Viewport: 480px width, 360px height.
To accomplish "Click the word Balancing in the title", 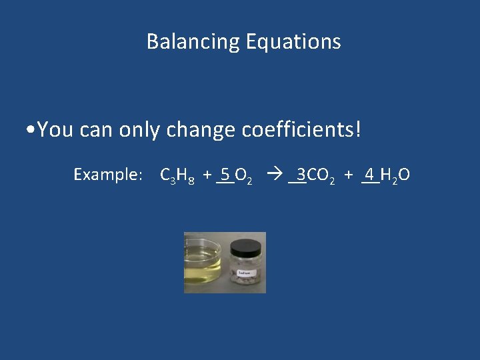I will pos(193,42).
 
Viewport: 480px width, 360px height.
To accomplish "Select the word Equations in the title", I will pos(293,42).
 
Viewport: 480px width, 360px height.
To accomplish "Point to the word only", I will pos(139,129).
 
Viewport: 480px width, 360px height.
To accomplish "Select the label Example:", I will pos(107,175).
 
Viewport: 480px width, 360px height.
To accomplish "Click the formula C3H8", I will pos(178,176).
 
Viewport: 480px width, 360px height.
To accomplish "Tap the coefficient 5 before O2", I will pos(225,175).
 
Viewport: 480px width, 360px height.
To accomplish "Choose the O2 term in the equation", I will pos(243,176).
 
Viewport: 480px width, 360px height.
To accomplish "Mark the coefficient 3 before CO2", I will pos(301,175).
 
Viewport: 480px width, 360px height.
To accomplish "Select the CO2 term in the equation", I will pos(321,176).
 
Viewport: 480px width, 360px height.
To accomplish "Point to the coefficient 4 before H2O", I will pos(369,175).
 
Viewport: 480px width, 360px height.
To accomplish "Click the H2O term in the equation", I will pos(395,176).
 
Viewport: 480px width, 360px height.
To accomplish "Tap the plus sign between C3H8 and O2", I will pos(207,175).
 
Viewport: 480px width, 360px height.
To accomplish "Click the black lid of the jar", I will pos(246,248).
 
